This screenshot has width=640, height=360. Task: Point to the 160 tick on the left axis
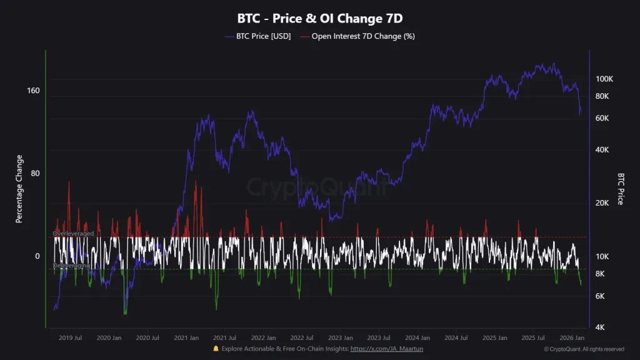[33, 91]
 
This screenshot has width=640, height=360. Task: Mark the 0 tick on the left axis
[37, 256]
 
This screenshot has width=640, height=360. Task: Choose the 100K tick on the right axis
[604, 79]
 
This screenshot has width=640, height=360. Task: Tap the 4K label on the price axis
[600, 327]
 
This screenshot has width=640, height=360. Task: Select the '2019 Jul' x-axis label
[70, 337]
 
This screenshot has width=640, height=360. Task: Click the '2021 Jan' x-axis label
[186, 337]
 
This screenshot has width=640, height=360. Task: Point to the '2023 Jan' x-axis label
[340, 337]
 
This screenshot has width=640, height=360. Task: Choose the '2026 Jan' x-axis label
[571, 337]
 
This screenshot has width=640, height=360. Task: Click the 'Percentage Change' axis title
[19, 189]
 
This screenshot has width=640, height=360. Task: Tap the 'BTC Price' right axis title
[621, 189]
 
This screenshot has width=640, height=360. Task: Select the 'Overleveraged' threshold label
[74, 234]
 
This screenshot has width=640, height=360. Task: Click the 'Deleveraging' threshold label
[71, 266]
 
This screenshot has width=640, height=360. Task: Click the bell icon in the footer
[216, 349]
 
